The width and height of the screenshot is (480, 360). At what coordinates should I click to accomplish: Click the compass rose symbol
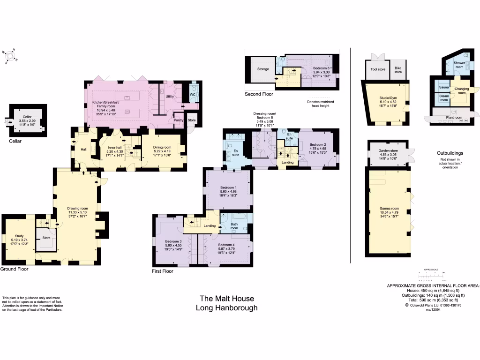coord(9,56)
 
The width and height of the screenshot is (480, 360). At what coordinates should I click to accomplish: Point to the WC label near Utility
coord(192,94)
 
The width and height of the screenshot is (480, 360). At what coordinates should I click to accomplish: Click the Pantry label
coord(178,120)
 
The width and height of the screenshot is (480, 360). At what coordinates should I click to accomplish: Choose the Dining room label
coord(162,147)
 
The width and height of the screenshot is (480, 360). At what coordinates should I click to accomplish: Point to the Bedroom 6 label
coord(322,68)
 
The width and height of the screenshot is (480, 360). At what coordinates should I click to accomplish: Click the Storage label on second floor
coord(263,69)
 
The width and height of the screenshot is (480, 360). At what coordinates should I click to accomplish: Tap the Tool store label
coord(377,69)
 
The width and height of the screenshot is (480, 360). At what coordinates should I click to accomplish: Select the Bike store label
coord(397,70)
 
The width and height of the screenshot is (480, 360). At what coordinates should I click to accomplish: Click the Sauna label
coord(443,87)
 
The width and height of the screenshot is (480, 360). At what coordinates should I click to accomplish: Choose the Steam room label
coord(443,98)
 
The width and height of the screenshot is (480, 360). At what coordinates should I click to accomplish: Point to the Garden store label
coord(388,150)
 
